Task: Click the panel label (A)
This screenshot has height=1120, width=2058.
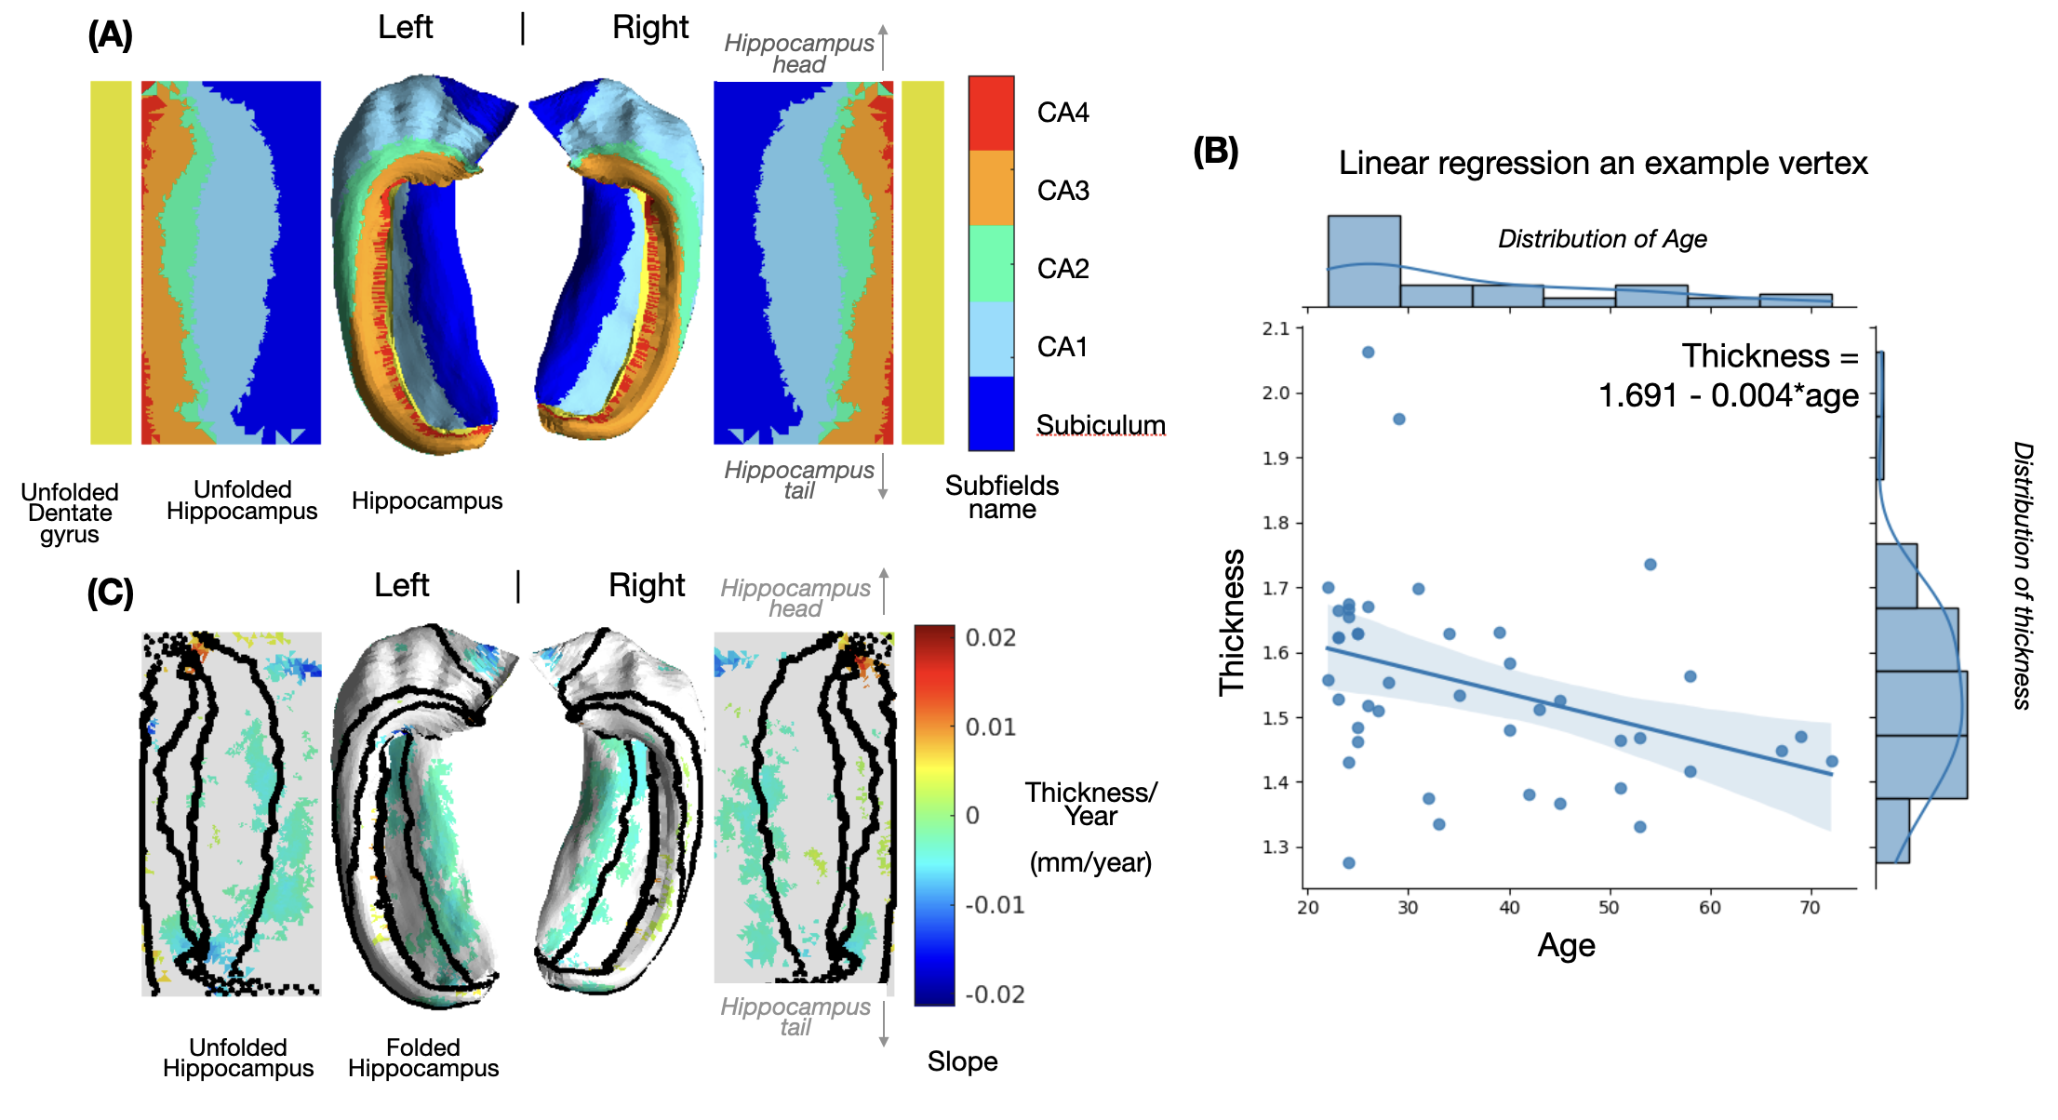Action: click(110, 35)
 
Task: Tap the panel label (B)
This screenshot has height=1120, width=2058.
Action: click(1215, 151)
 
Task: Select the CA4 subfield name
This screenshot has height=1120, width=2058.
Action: click(1062, 113)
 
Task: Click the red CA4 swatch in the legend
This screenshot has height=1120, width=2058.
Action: click(991, 113)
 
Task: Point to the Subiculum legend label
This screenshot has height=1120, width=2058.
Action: click(1100, 424)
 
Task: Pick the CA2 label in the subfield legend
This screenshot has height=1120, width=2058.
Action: click(1062, 269)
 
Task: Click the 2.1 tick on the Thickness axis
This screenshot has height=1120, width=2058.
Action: click(1276, 328)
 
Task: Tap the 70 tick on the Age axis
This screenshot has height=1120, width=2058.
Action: click(1810, 907)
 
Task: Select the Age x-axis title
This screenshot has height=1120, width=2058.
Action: click(1566, 945)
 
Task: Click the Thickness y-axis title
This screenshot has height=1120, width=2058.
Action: click(1231, 621)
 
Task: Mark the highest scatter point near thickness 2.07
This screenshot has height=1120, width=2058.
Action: click(1368, 353)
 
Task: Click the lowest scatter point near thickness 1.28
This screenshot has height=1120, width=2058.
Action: click(1348, 863)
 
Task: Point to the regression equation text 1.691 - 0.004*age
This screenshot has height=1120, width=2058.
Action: click(1728, 395)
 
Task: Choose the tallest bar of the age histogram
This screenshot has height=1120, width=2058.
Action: click(1364, 261)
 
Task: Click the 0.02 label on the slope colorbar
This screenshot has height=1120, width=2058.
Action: click(991, 638)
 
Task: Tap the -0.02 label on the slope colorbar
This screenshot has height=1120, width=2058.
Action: click(995, 994)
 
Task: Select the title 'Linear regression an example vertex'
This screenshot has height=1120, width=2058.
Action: click(1602, 163)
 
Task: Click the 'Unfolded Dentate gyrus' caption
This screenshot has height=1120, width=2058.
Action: click(70, 513)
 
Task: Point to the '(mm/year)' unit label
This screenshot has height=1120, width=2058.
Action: click(1090, 862)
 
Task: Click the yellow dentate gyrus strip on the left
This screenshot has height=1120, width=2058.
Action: click(111, 262)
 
